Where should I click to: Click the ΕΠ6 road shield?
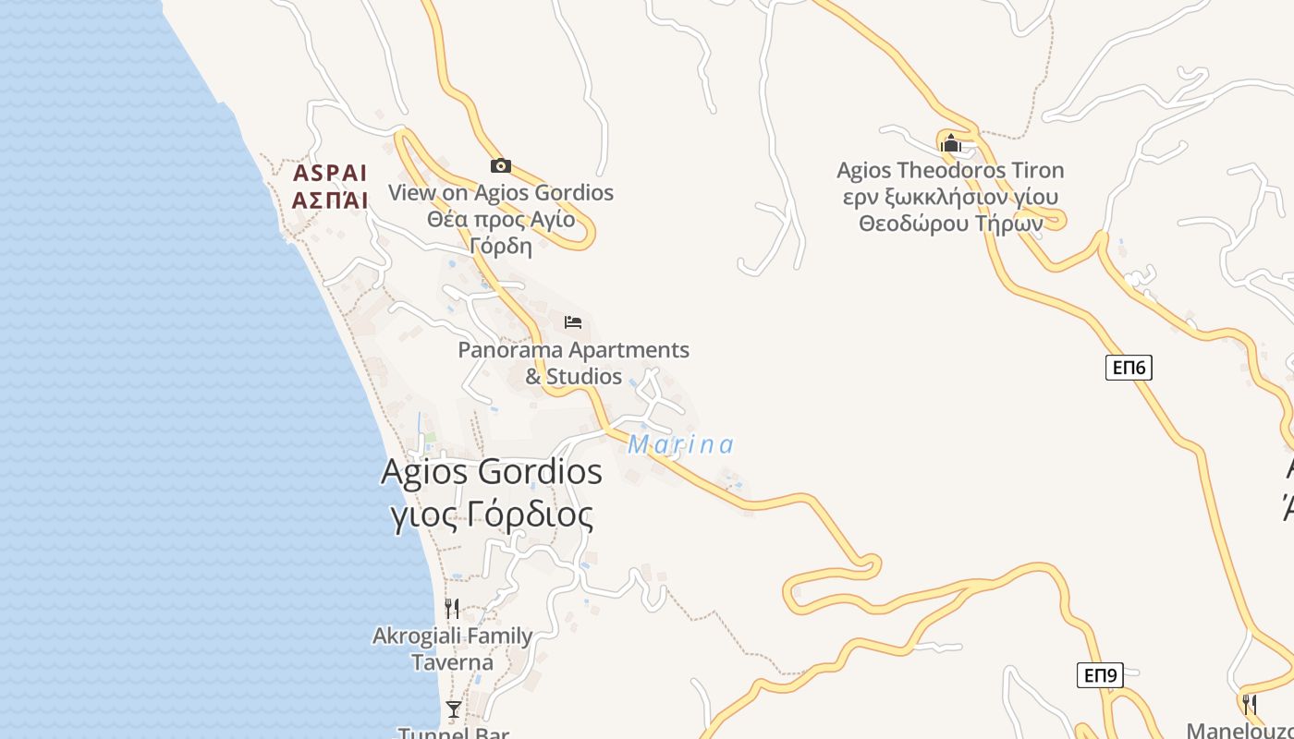click(1129, 368)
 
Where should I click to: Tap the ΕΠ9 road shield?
click(1101, 675)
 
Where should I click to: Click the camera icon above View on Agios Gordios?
click(500, 165)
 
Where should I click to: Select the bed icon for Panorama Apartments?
click(573, 322)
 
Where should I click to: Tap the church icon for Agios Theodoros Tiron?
click(950, 143)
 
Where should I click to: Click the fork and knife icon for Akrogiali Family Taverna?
click(452, 608)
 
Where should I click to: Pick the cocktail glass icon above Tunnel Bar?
click(453, 709)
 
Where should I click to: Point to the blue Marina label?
click(680, 445)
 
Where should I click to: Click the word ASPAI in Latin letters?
click(330, 174)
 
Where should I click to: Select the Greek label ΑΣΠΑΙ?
click(330, 200)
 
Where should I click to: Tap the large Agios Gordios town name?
click(491, 472)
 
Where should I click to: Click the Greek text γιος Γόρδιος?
click(491, 515)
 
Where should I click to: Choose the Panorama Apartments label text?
click(573, 351)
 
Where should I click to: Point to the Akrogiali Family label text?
click(452, 636)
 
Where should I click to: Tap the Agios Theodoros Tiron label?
click(950, 171)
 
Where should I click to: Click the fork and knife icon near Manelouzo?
click(1249, 704)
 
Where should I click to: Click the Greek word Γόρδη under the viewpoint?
click(501, 246)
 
